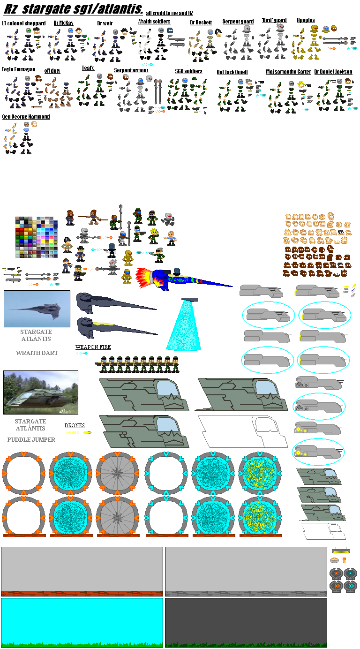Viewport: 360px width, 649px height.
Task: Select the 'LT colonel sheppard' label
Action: (x=24, y=23)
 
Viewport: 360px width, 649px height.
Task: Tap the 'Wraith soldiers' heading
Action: (x=154, y=22)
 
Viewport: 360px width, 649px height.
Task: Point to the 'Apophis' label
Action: (x=306, y=20)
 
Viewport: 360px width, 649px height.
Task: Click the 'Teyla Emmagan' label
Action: (x=19, y=69)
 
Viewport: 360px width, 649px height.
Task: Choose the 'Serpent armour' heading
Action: (x=131, y=70)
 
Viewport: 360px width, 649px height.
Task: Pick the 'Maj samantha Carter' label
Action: (x=288, y=72)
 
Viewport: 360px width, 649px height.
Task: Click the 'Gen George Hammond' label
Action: (x=26, y=117)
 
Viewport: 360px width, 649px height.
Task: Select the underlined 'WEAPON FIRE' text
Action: (x=93, y=347)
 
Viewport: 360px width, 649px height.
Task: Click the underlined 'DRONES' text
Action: (x=75, y=425)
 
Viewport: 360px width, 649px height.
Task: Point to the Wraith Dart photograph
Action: (x=37, y=309)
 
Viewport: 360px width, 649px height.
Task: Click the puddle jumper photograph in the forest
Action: (x=41, y=392)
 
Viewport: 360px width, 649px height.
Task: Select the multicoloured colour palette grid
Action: (x=36, y=237)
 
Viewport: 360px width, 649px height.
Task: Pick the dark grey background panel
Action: (x=246, y=622)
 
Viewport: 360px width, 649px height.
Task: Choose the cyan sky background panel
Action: (x=82, y=622)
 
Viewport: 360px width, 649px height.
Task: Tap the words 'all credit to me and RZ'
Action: (x=169, y=13)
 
